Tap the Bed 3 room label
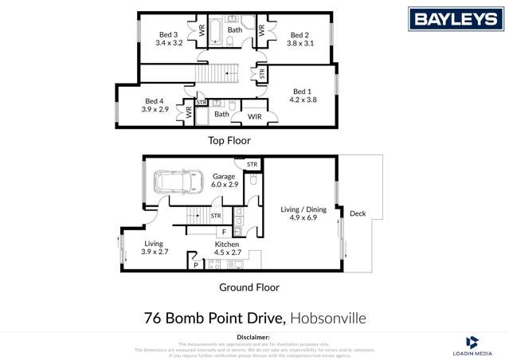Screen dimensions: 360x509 point(169,34)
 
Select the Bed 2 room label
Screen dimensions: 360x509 point(300,34)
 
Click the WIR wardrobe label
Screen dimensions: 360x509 point(255,117)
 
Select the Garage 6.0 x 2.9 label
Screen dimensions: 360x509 point(225,180)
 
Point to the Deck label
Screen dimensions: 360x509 point(358,213)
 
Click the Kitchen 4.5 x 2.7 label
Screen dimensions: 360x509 point(227,248)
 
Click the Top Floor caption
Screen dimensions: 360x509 point(229,140)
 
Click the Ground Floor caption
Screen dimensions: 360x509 point(249,288)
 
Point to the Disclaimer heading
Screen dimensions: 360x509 point(253,338)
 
